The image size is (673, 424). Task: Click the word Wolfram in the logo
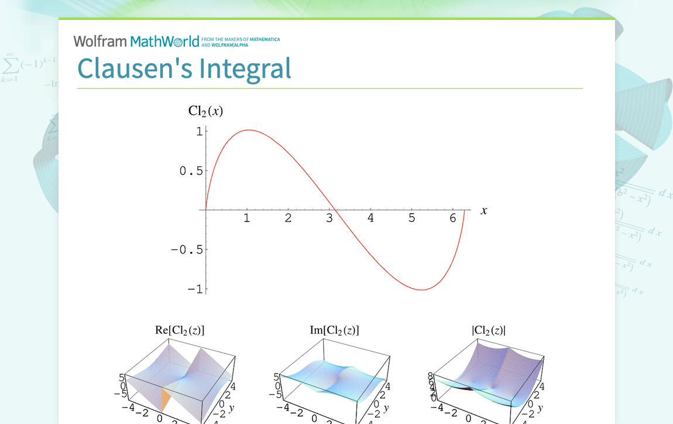click(100, 42)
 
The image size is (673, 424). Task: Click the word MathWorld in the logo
click(164, 42)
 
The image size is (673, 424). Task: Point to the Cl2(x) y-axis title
click(205, 111)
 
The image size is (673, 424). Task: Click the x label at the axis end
click(484, 211)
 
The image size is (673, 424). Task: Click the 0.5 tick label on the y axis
click(191, 171)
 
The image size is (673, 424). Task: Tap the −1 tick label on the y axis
click(195, 289)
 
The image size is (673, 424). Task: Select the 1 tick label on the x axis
click(247, 218)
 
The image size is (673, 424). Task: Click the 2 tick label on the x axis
click(288, 218)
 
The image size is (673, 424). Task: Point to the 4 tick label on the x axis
click(370, 218)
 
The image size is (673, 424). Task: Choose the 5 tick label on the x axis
click(411, 218)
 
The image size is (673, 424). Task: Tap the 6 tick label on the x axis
click(452, 218)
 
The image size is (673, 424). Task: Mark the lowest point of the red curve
click(421, 289)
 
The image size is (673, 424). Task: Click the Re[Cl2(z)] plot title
click(180, 330)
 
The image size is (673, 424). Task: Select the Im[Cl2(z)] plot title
click(334, 330)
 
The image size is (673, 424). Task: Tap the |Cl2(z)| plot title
click(489, 330)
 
